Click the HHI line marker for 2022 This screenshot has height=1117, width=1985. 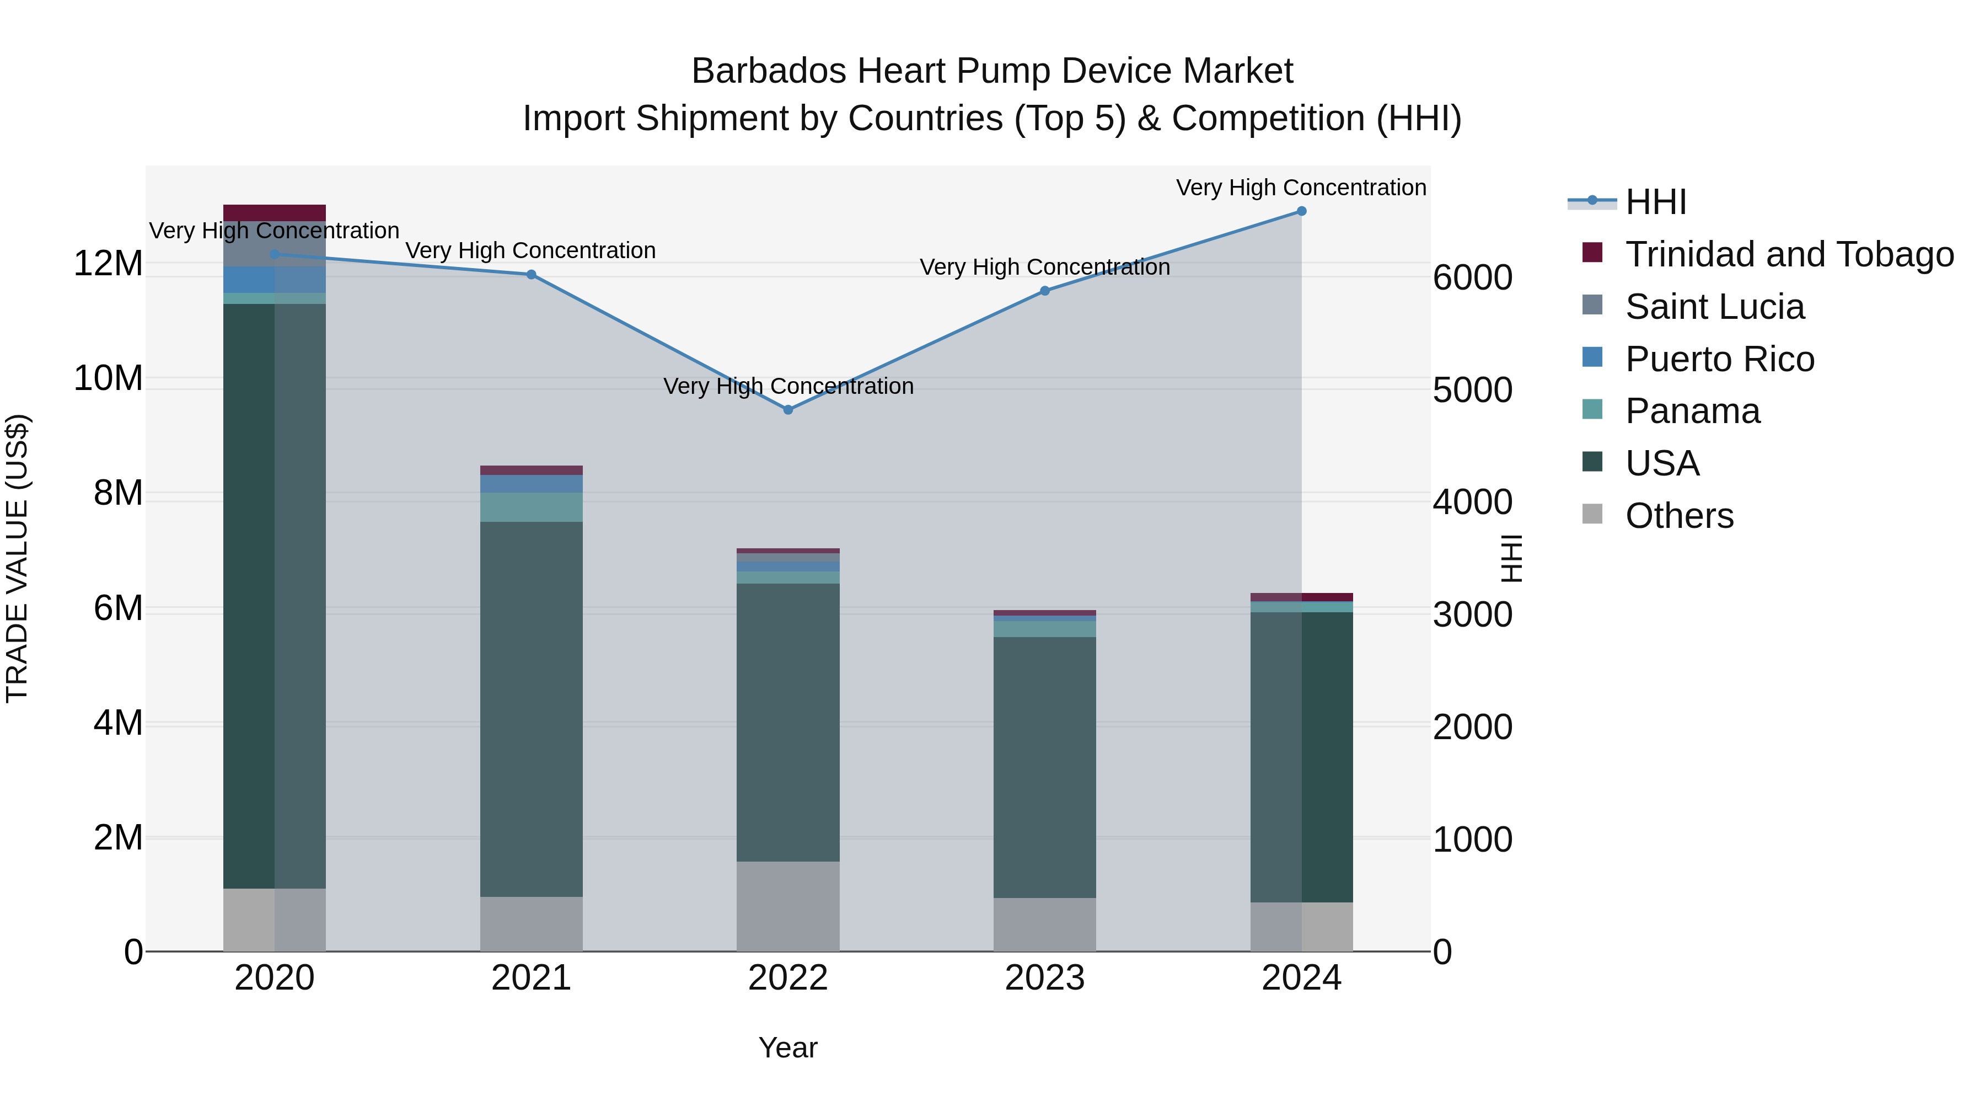(x=787, y=410)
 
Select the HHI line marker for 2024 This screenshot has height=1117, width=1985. (x=1301, y=211)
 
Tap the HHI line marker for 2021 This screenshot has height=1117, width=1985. (x=531, y=275)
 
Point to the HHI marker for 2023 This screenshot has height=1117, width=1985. (x=1045, y=291)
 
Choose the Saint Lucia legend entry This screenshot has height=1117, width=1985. (x=1714, y=307)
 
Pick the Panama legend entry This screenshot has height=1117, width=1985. (x=1692, y=411)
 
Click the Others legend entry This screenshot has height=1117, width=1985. (x=1679, y=516)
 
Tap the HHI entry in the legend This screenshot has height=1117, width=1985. (x=1655, y=202)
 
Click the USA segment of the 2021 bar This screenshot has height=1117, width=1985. (x=531, y=709)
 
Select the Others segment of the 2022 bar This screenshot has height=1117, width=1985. (x=787, y=906)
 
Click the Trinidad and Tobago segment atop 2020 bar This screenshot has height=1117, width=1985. (x=275, y=213)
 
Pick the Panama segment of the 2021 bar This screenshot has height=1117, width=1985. (x=531, y=507)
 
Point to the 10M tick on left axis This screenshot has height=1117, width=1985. (x=108, y=378)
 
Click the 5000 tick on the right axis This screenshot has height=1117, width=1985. (x=1472, y=390)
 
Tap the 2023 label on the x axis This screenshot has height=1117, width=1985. (x=1045, y=978)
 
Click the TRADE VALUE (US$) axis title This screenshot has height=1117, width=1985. (x=17, y=558)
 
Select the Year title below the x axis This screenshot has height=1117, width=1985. (x=787, y=1047)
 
